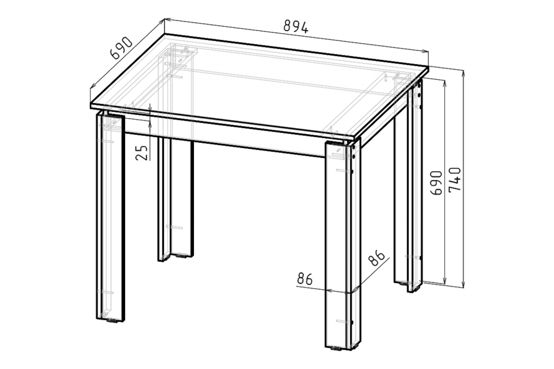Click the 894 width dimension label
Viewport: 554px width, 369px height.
[x=296, y=27]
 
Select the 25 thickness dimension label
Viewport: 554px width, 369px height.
[x=142, y=153]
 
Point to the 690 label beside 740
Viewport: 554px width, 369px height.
[x=436, y=183]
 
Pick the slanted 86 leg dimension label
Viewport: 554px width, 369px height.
[x=376, y=258]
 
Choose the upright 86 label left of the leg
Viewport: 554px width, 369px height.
[x=305, y=279]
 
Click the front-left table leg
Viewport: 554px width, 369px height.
[x=111, y=216]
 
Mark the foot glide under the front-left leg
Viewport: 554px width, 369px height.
[x=112, y=321]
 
